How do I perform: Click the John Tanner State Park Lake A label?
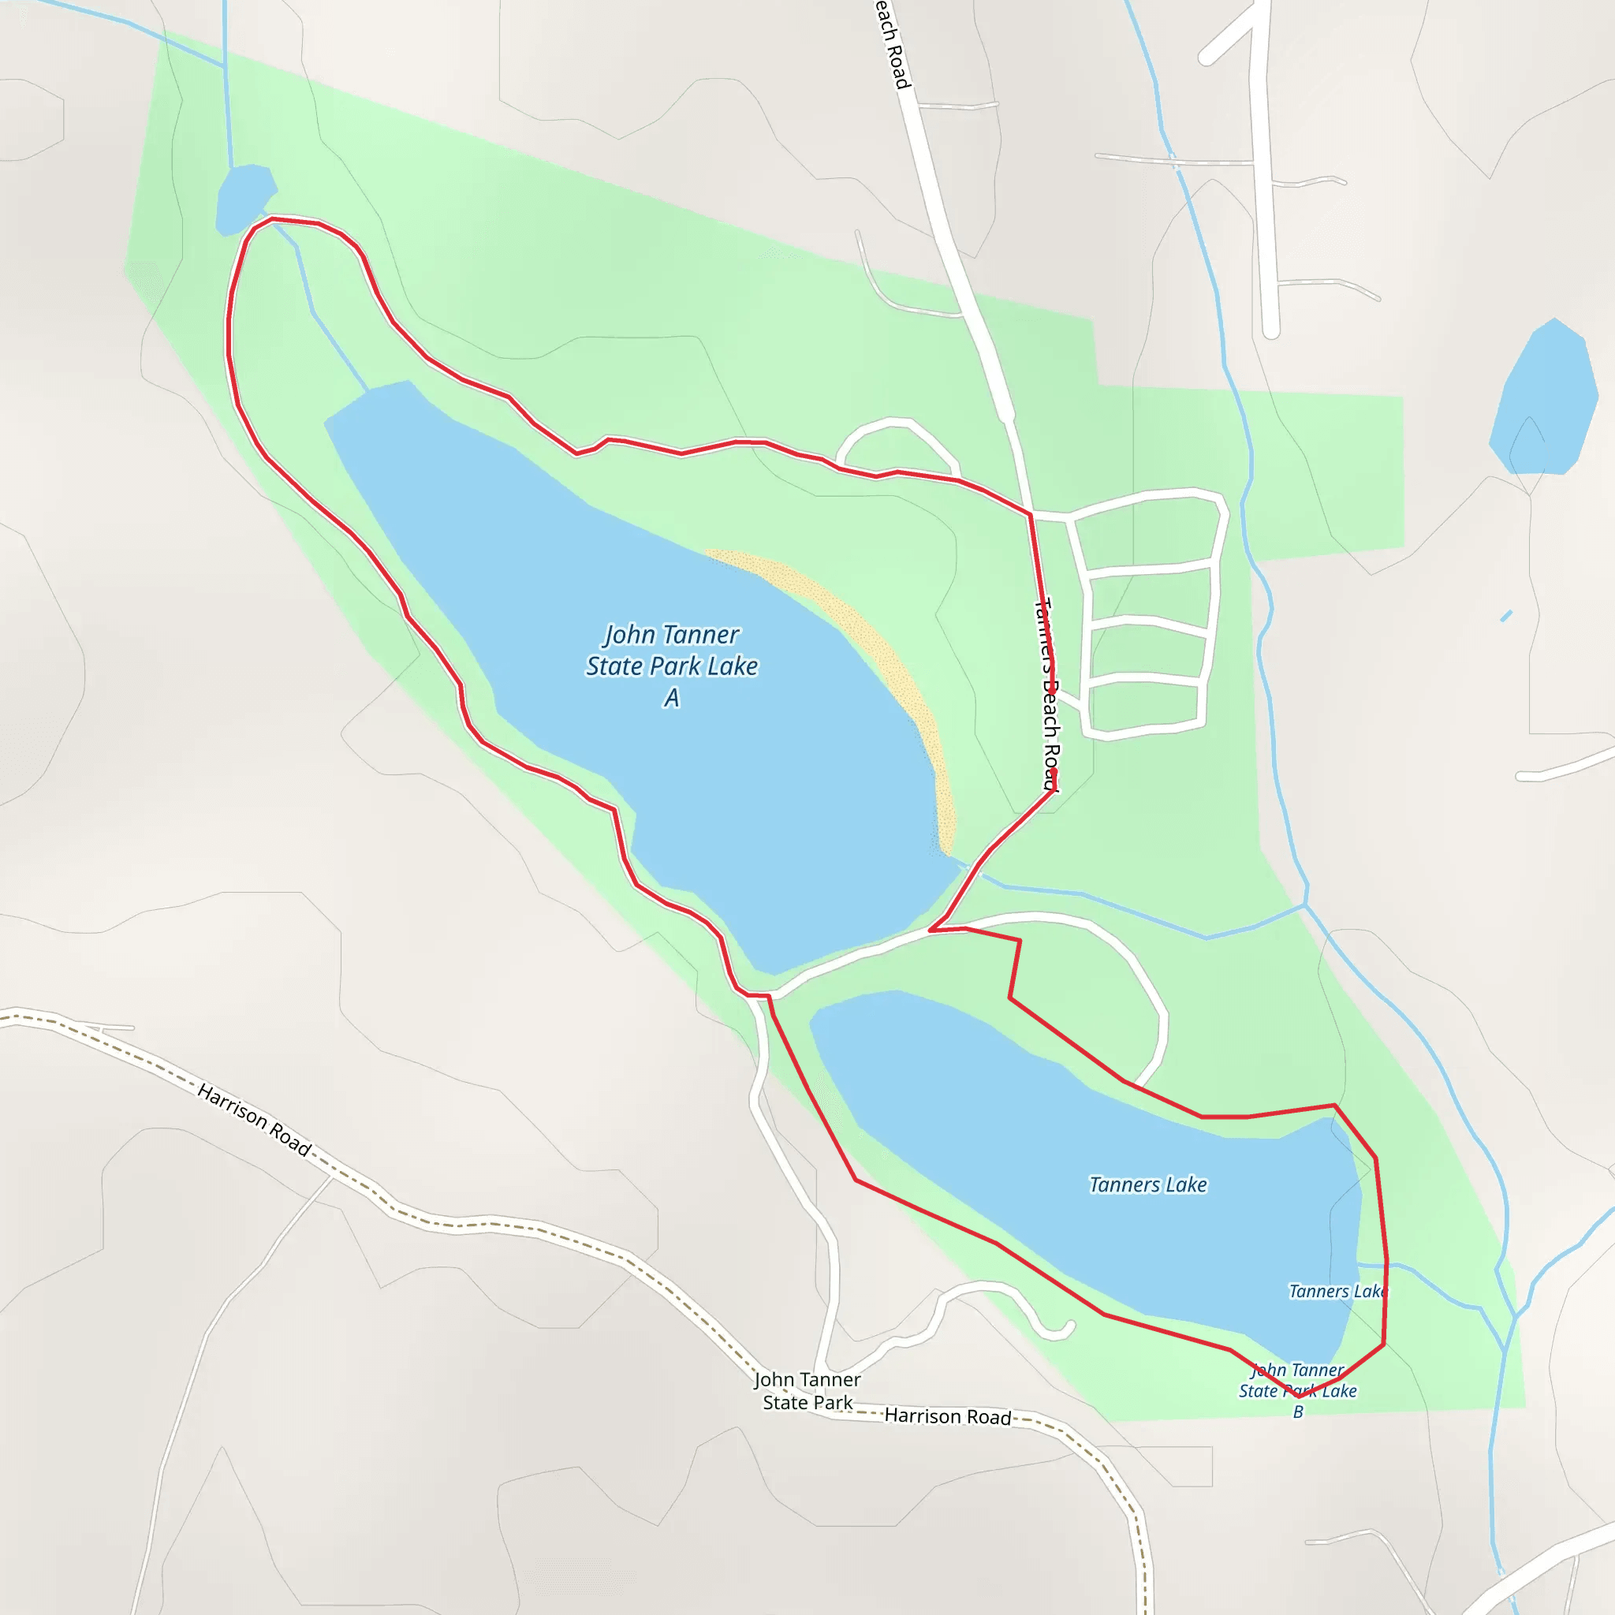(671, 666)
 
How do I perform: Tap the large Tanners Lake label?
(1147, 1184)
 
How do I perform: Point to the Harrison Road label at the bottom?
(947, 1416)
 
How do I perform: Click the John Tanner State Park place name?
(807, 1391)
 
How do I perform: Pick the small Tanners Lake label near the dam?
(1337, 1292)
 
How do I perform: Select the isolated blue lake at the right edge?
(1546, 400)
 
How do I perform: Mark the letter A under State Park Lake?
(671, 698)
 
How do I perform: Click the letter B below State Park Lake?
(1298, 1412)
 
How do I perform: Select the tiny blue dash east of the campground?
(1506, 616)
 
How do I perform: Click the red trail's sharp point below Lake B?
(1298, 1396)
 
